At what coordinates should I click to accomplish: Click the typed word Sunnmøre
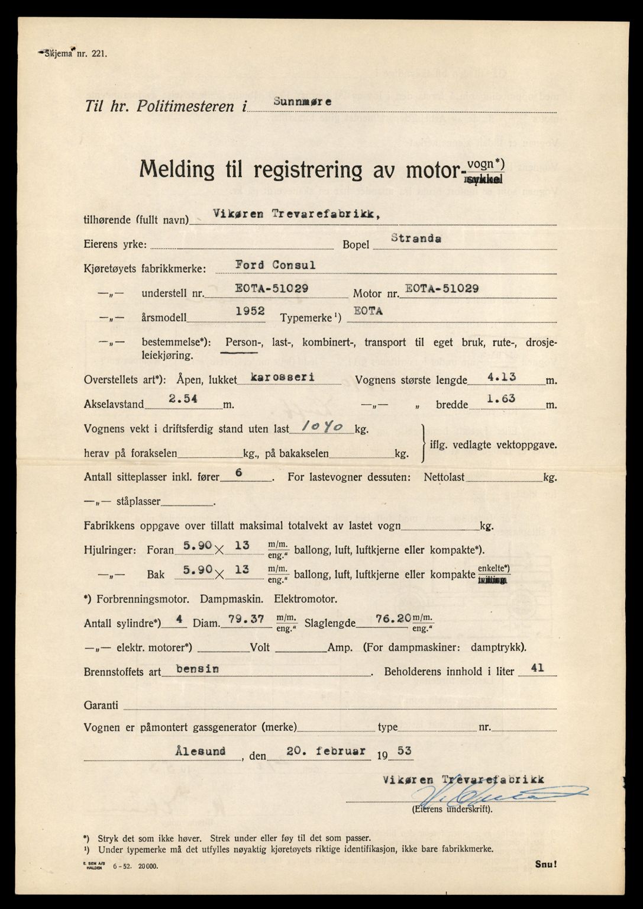(302, 101)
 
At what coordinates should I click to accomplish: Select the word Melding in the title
(177, 170)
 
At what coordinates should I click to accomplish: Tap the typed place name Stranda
(415, 239)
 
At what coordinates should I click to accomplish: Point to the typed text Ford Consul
(275, 265)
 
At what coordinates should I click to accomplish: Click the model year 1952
(249, 311)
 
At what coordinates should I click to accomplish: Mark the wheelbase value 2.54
(183, 399)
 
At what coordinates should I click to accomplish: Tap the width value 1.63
(500, 399)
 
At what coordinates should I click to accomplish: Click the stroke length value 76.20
(393, 618)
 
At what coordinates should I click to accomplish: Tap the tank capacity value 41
(537, 668)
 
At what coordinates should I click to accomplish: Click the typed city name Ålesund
(200, 751)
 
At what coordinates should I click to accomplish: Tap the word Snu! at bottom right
(545, 864)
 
